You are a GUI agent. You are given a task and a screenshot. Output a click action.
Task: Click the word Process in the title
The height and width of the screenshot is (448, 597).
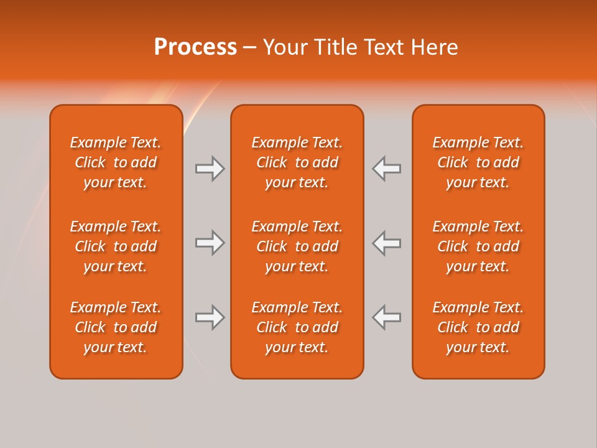coord(195,47)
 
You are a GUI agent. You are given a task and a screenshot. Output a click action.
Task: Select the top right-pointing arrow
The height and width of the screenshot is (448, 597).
coord(210,169)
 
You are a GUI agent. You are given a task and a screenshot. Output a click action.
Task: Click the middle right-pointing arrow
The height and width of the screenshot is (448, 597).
coord(210,243)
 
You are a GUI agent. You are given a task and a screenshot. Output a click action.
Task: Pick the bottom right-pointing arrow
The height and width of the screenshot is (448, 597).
coord(210,317)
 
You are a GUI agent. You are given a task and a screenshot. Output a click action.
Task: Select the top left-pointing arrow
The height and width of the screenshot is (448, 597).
coord(387,169)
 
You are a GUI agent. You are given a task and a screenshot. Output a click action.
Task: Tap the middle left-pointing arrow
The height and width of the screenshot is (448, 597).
coord(387,243)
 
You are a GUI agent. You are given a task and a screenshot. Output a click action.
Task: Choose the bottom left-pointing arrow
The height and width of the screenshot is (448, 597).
coord(387,317)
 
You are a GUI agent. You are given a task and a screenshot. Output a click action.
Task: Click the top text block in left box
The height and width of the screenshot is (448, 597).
coord(116,162)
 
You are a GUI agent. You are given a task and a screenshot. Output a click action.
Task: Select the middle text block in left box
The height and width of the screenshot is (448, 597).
coord(116,246)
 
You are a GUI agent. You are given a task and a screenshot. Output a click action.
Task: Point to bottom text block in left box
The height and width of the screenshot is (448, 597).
coord(116,327)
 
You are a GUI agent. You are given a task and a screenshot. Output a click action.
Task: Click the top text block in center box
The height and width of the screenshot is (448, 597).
coord(297,162)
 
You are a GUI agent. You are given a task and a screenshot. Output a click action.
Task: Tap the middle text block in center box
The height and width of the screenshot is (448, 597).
coord(297,246)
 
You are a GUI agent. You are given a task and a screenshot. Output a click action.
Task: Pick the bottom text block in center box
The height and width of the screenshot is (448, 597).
coord(297,327)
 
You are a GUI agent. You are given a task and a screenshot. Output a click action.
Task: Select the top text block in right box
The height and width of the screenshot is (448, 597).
coord(478,162)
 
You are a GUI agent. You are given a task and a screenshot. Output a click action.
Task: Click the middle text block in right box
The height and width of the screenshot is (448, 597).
coord(478,246)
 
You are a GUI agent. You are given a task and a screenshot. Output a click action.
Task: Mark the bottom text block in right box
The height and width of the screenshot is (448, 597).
coord(478,327)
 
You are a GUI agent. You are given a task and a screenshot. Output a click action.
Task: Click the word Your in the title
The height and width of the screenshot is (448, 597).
coord(284,47)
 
